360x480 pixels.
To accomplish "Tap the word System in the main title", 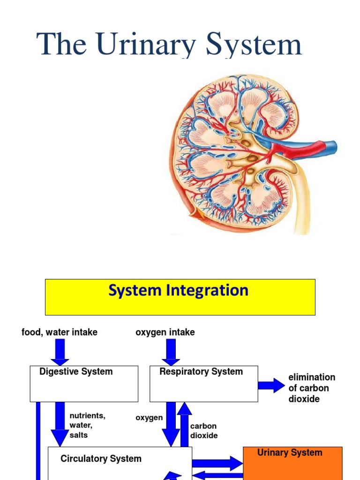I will (x=255, y=45).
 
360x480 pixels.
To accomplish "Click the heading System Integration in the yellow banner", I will (x=178, y=291).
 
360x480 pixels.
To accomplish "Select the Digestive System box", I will (x=84, y=384).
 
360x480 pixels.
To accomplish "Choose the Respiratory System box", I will (x=203, y=384).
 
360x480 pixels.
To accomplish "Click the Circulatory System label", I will (x=101, y=459).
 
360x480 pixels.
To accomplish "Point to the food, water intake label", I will (x=60, y=332).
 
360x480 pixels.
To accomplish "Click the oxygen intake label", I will (x=165, y=332).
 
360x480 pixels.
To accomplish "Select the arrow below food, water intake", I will (x=60, y=352).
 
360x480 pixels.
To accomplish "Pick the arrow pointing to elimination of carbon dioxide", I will (x=271, y=386).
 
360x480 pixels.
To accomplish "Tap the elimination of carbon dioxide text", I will (x=311, y=388).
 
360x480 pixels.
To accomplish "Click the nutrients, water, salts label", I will (x=87, y=425).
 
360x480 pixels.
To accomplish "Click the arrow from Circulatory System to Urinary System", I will (x=217, y=463).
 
